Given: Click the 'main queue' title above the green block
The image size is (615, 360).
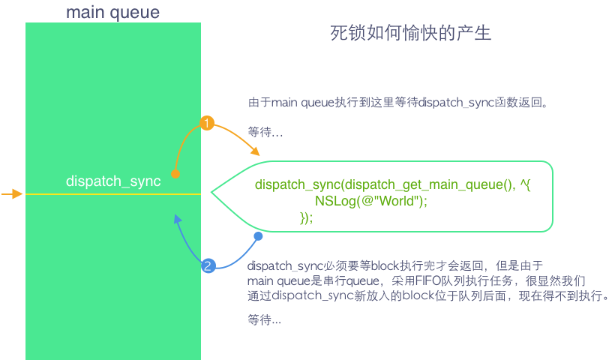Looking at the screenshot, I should [112, 12].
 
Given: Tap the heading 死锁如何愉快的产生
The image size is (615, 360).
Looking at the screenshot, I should [410, 34].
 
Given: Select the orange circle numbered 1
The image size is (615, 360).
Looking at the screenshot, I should [207, 122].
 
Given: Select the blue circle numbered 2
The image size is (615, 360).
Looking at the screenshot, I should [208, 265].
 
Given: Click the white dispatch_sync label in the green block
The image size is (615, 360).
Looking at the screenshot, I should [113, 181].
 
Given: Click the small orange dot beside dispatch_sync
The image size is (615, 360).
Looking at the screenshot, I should [175, 174].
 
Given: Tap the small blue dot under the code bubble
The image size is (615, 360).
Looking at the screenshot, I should [258, 237].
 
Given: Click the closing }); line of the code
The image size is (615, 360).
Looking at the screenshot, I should [306, 217].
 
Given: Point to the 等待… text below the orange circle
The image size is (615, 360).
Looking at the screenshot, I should [265, 133].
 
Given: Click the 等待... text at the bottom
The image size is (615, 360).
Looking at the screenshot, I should [265, 319].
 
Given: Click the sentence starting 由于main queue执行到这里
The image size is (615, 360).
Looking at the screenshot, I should [397, 102].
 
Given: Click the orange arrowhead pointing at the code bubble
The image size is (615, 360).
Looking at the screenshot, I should [256, 153].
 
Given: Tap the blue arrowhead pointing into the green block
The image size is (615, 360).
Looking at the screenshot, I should [177, 219].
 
